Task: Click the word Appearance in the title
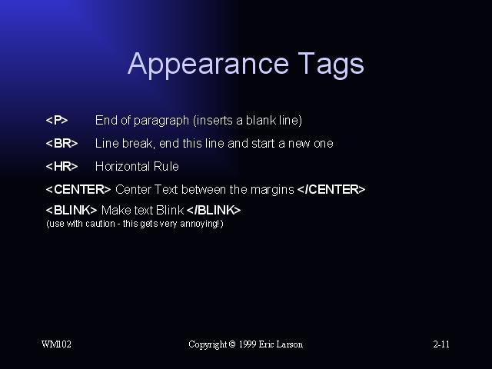(208, 65)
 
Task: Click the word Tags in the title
(331, 65)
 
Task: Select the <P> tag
(57, 120)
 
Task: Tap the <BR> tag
(61, 144)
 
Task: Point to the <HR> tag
(61, 166)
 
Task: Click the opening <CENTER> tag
(78, 190)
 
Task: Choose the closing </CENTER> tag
(331, 190)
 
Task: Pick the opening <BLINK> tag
(71, 210)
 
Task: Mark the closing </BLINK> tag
(214, 210)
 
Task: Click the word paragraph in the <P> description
(161, 121)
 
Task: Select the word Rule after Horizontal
(166, 166)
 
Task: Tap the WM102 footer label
(56, 344)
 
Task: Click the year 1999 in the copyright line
(248, 344)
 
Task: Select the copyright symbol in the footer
(232, 344)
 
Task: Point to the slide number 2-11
(441, 344)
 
